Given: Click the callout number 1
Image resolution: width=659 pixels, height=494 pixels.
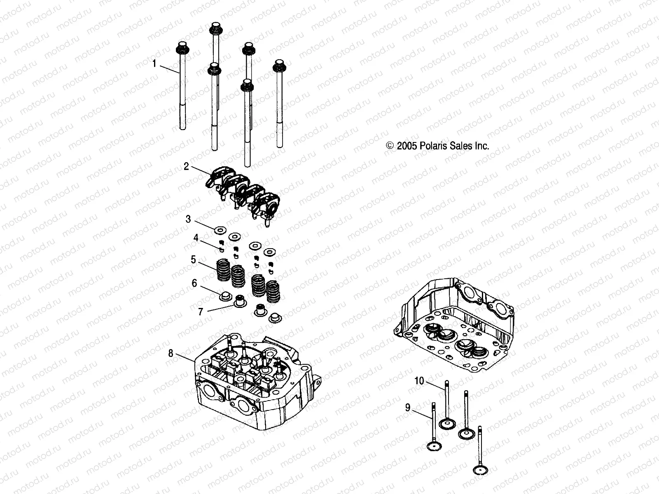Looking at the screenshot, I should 155,64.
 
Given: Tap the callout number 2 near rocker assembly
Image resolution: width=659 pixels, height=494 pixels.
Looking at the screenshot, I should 187,166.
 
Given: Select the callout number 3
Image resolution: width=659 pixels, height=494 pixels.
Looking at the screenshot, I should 188,219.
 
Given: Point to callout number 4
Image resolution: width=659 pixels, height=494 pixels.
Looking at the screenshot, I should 196,238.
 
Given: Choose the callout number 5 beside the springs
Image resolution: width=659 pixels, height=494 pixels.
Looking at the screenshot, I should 193,260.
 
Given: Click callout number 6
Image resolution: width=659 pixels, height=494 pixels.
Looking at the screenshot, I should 194,283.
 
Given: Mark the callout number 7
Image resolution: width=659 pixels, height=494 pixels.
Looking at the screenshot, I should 201,312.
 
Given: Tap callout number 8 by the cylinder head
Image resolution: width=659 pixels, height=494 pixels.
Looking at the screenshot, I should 171,353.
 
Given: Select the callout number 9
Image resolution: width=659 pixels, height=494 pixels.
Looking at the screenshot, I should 408,408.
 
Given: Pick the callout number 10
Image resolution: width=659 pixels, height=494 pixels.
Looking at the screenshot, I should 419,381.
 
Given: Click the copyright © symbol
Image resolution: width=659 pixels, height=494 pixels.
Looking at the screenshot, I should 390,146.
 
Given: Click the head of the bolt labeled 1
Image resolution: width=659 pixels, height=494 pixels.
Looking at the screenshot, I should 181,48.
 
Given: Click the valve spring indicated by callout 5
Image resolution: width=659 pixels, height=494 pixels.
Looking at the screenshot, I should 222,270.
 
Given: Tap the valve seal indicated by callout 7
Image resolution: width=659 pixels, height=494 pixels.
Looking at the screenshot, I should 239,303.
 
